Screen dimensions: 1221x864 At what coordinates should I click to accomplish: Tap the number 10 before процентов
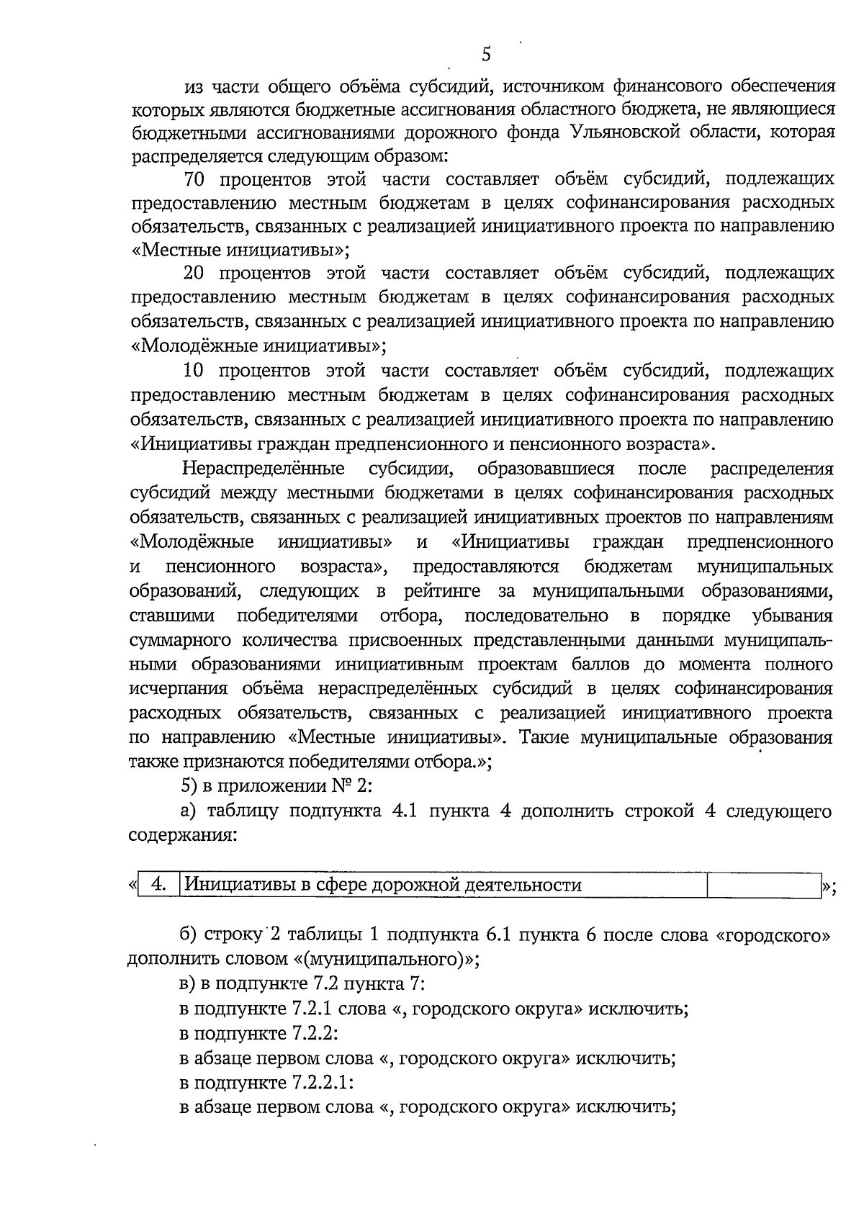[x=194, y=371]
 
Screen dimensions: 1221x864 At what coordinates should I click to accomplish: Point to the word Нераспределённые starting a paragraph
[x=263, y=469]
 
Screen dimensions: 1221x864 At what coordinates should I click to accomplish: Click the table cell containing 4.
[x=160, y=884]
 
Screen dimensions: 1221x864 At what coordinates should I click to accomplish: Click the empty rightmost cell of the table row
[x=763, y=884]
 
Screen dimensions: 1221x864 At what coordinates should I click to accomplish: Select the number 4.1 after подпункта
[x=408, y=811]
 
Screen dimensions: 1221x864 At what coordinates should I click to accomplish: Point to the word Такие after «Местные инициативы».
[x=547, y=738]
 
